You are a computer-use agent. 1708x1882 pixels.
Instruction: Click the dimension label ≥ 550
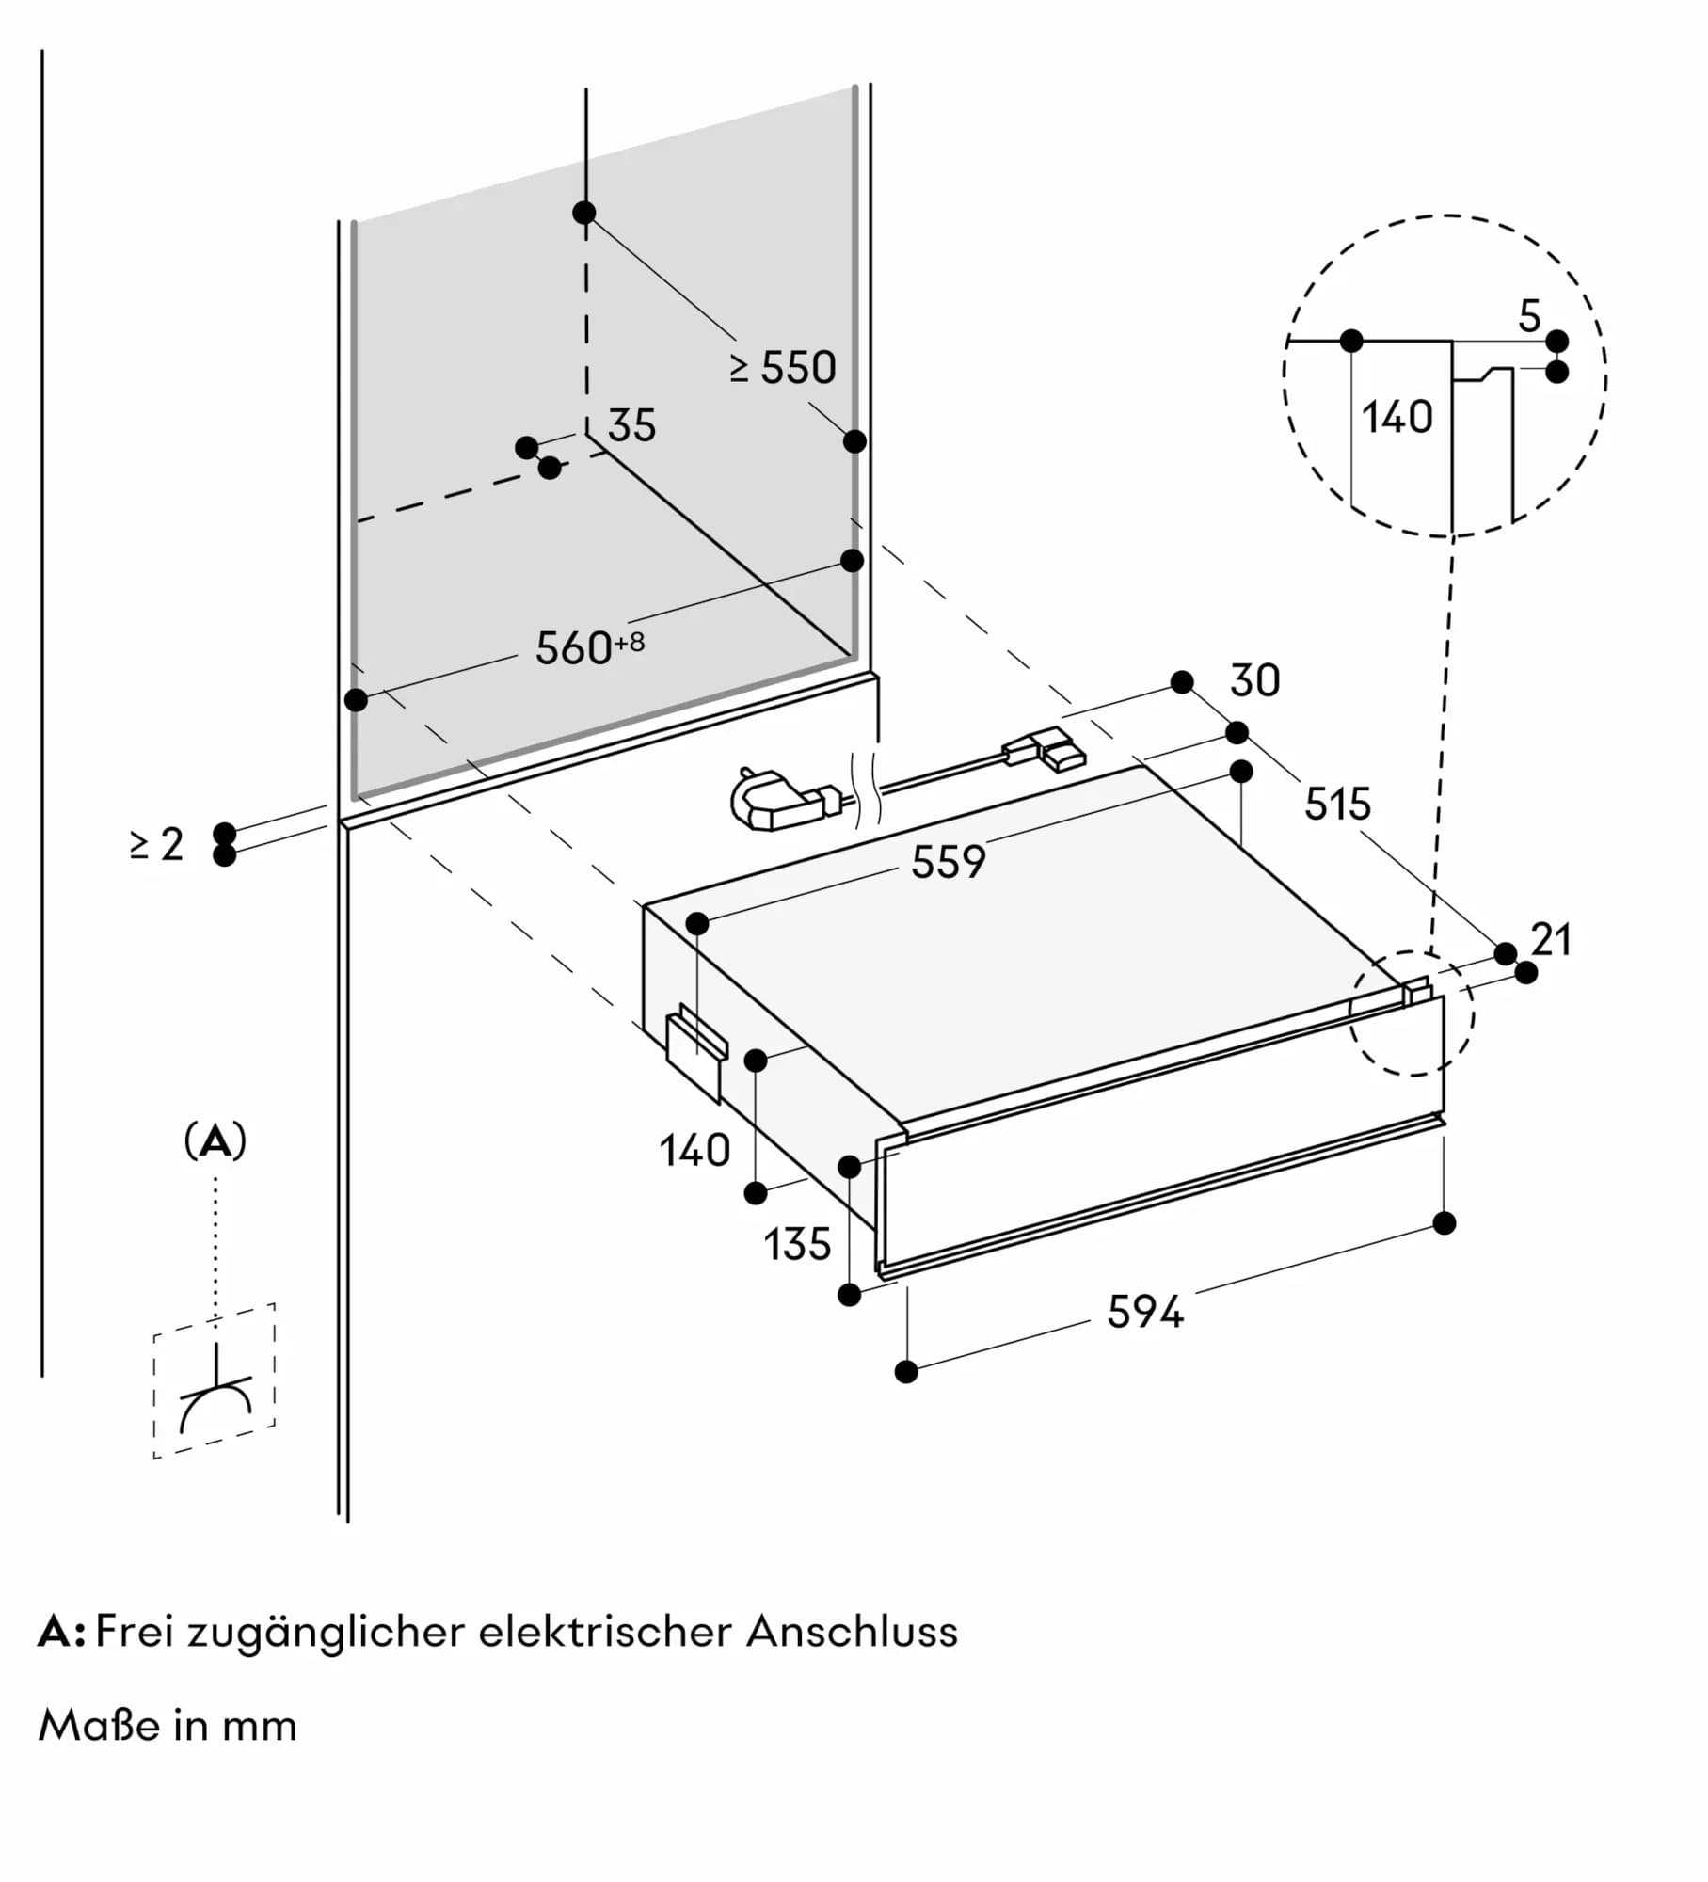pos(783,368)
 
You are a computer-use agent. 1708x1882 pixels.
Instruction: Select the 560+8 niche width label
pos(589,647)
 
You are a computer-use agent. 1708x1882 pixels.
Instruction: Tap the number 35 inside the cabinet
pos(631,425)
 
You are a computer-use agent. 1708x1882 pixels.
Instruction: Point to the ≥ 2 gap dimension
pos(157,844)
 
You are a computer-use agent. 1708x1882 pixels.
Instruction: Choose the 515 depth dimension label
pos(1337,805)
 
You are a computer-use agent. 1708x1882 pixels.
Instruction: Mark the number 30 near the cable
pos(1254,680)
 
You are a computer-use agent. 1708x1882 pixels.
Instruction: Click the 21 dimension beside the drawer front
pos(1551,940)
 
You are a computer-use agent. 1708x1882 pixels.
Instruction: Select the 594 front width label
pos(1144,1312)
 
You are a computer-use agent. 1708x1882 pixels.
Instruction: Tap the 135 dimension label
pos(797,1245)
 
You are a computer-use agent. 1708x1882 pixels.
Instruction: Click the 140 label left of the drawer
pos(694,1151)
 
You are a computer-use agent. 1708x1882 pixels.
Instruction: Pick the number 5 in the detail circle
pos(1529,316)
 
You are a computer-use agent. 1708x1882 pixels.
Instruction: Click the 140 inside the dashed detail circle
pos(1397,417)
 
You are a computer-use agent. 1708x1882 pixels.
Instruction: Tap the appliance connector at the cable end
pos(1046,749)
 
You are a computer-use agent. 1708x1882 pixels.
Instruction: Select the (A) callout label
pos(215,1141)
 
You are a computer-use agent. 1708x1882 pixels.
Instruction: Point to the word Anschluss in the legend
pos(852,1632)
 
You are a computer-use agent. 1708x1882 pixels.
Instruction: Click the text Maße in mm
pos(168,1726)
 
